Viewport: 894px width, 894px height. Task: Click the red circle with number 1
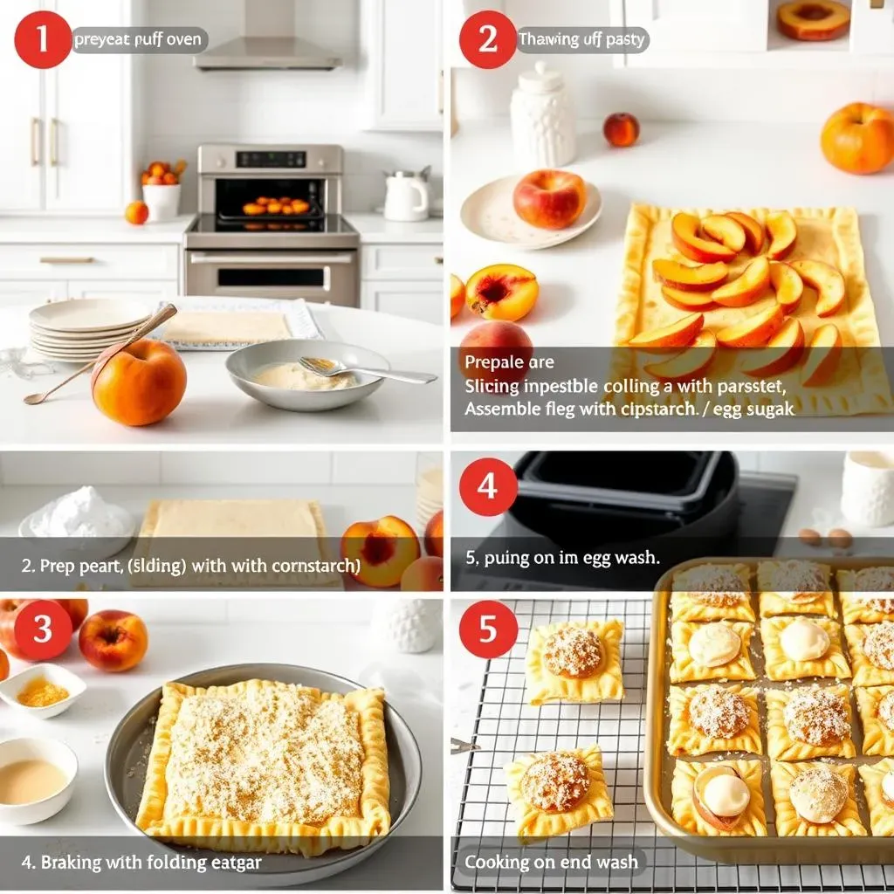click(x=43, y=39)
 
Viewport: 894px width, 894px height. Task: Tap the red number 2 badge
click(x=487, y=39)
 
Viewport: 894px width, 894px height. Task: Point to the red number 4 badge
click(x=488, y=486)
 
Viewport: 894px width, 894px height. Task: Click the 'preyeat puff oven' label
click(x=138, y=39)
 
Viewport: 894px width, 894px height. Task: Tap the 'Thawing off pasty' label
click(x=582, y=39)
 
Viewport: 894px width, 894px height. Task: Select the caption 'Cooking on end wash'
click(x=551, y=862)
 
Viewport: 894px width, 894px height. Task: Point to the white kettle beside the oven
click(x=407, y=196)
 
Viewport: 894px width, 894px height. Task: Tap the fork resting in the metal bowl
click(x=367, y=370)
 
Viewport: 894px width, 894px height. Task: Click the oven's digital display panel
click(x=271, y=159)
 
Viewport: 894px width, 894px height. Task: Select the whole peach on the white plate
click(x=549, y=199)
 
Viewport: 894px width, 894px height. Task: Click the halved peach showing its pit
click(x=501, y=292)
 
